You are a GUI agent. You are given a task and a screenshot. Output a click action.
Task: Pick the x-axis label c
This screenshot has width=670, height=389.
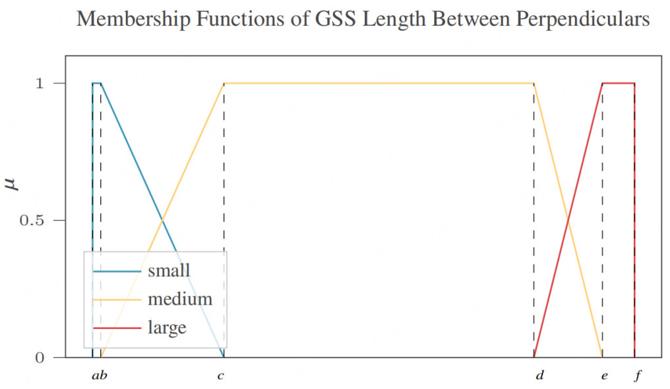[220, 376]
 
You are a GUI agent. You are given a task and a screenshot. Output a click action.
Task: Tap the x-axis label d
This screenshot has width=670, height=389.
[539, 376]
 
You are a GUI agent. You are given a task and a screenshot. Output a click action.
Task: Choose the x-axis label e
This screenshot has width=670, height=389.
[603, 376]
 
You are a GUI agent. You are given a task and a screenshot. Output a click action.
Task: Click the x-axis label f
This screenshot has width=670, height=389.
[636, 376]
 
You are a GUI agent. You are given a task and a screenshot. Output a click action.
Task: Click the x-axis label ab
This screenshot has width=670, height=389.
[99, 376]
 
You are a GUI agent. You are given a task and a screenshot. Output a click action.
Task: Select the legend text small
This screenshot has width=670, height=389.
[169, 271]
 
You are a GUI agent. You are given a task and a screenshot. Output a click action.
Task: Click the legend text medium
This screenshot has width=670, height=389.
[180, 299]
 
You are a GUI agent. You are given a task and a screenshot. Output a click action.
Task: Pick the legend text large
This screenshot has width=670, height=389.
[167, 327]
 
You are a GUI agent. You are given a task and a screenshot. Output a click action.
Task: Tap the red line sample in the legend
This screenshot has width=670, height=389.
[117, 327]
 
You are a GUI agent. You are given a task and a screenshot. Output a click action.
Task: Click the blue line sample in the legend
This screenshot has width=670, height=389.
[117, 271]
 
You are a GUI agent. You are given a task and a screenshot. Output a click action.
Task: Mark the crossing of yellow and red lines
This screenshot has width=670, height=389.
[568, 220]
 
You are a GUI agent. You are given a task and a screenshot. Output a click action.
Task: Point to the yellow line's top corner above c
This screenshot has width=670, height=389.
[224, 84]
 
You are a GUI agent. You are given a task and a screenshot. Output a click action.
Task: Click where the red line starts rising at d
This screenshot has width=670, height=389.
[533, 357]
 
